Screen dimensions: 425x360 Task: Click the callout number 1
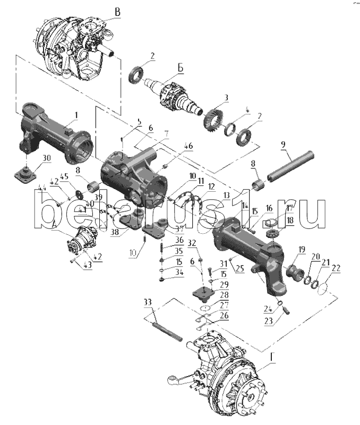click(x=75, y=114)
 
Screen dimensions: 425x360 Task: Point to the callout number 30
click(x=46, y=157)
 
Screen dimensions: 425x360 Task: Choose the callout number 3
click(x=226, y=98)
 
